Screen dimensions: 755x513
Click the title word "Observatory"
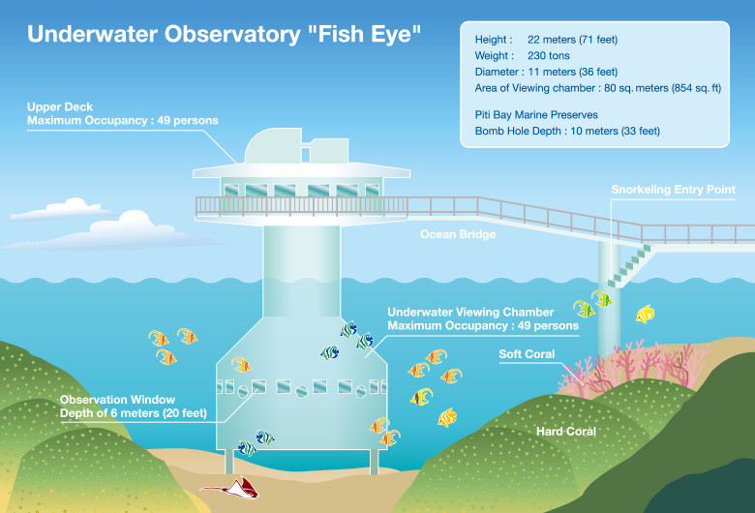[232, 34]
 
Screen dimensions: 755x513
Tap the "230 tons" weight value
[549, 56]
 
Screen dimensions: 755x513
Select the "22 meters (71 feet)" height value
[572, 40]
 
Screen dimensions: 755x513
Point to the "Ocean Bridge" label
[458, 234]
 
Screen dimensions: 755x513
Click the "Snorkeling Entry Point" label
[673, 190]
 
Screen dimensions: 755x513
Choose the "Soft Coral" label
[527, 354]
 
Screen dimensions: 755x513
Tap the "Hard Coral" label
[566, 431]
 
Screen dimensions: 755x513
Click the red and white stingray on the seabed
[232, 488]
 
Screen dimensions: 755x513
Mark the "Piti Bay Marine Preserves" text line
[536, 115]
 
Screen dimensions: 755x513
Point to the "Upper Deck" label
[60, 106]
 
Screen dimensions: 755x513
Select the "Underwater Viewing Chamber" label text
[470, 312]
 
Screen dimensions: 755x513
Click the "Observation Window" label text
[117, 400]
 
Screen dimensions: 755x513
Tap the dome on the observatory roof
[273, 146]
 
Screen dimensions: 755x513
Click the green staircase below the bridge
[630, 265]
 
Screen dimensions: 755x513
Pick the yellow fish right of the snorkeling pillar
[645, 314]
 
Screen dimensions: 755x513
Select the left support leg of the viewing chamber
[229, 462]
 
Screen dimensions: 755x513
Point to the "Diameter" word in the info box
[496, 73]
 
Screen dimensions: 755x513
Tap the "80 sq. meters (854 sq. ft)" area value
[662, 88]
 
